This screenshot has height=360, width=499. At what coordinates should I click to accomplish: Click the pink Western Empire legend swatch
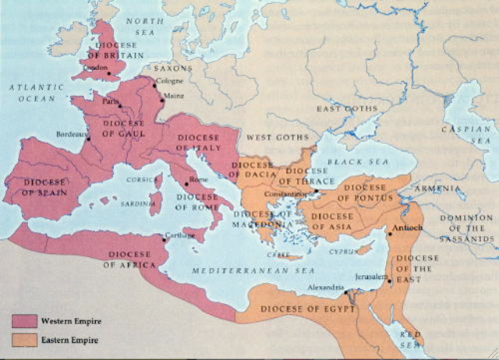[25, 320]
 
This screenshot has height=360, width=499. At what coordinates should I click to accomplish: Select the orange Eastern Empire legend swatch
[25, 339]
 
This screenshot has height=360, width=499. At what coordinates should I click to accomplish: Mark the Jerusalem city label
[369, 276]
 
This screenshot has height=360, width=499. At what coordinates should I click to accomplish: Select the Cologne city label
[169, 81]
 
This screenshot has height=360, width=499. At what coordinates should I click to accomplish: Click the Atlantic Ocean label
[36, 94]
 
